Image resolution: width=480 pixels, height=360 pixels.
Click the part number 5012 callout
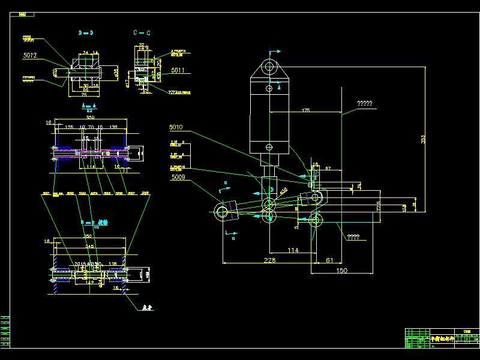tap(30, 56)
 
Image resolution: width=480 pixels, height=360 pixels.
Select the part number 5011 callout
tap(177, 70)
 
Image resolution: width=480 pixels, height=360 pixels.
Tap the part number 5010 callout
tap(176, 127)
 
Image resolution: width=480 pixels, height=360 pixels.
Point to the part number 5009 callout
tap(178, 178)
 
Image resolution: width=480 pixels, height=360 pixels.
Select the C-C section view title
tap(142, 32)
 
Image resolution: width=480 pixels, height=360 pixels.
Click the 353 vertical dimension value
tap(423, 139)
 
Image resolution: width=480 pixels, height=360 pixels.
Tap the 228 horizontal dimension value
tap(270, 259)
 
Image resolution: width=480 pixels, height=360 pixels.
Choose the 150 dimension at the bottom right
tap(341, 271)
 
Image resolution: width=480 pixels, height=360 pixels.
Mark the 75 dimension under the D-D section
tap(84, 94)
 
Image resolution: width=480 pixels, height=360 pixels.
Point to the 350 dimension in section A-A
tap(90, 118)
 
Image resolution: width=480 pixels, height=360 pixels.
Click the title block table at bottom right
tap(442, 338)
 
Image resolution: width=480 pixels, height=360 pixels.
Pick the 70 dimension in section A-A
tap(91, 127)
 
